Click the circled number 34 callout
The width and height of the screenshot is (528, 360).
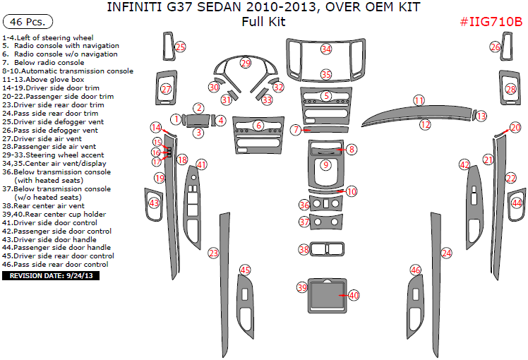point(326,49)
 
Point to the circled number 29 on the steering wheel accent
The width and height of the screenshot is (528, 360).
point(245,64)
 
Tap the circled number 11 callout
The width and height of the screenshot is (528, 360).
point(419,100)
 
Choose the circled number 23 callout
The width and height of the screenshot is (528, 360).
point(213,253)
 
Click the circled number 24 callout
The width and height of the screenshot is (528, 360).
point(446,253)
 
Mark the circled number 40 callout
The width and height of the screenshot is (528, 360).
point(354,294)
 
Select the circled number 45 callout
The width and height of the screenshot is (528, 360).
point(245,270)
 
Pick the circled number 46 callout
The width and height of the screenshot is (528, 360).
point(416,270)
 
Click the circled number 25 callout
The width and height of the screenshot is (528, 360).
point(180,47)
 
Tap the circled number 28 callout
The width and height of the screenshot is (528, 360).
point(511,90)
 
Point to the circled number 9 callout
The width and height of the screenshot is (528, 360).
point(325,164)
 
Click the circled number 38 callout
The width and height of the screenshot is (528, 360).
point(304,249)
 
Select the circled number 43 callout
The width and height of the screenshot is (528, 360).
point(154,203)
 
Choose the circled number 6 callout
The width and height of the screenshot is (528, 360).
point(258,125)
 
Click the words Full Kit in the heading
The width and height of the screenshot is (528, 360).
point(263,22)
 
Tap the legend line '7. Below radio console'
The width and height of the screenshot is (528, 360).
point(43,62)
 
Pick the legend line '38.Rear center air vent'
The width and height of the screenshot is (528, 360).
point(44,205)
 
